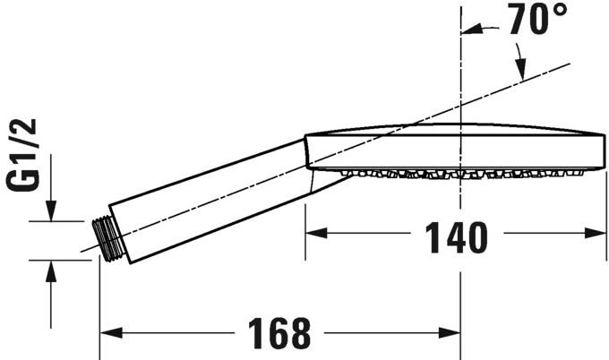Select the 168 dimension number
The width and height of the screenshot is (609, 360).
[274, 334]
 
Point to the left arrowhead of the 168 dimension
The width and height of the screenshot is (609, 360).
[107, 335]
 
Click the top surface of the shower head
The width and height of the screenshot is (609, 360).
[448, 126]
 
